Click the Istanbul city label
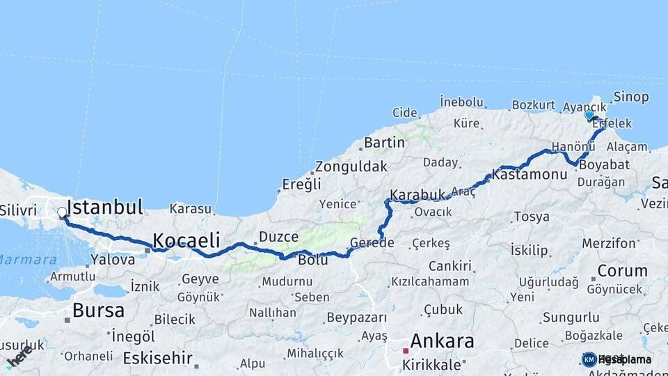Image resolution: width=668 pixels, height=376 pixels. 106,207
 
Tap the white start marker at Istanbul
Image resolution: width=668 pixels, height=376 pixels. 63,212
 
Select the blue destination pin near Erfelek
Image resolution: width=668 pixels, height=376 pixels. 589,116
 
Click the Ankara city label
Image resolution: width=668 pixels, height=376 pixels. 442,341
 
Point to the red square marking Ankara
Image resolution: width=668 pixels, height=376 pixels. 405,351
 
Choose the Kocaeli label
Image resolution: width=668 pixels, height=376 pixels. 186,240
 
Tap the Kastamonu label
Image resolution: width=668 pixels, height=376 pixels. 530,174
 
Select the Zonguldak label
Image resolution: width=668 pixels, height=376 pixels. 351,167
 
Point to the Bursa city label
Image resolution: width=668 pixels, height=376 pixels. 98,310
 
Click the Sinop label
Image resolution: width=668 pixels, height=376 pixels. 630,97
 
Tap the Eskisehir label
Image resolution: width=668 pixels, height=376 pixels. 157,358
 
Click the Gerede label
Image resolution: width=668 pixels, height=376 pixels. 372,243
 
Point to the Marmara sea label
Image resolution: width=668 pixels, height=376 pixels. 28,259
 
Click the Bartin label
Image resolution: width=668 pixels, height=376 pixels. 384,143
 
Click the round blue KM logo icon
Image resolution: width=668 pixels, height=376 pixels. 589,359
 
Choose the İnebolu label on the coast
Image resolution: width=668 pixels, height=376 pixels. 461,102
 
